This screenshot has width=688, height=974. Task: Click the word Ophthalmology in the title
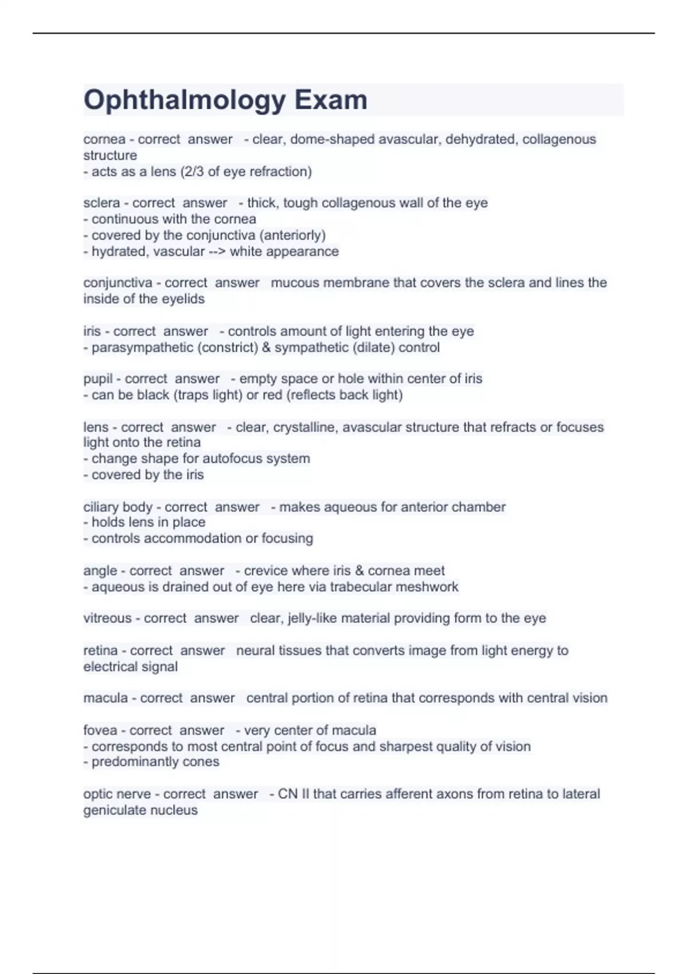coord(184,100)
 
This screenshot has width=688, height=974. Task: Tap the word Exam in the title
coord(331,100)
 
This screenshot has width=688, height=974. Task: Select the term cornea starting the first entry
coord(104,139)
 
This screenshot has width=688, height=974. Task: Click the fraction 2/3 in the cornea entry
coord(191,171)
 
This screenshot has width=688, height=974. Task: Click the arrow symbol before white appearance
coord(217,252)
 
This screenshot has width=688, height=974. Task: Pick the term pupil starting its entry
coord(98,379)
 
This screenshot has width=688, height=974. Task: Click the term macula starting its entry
coord(105,698)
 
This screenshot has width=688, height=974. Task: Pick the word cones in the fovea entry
coord(200,761)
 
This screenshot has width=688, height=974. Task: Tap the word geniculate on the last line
coord(115,810)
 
